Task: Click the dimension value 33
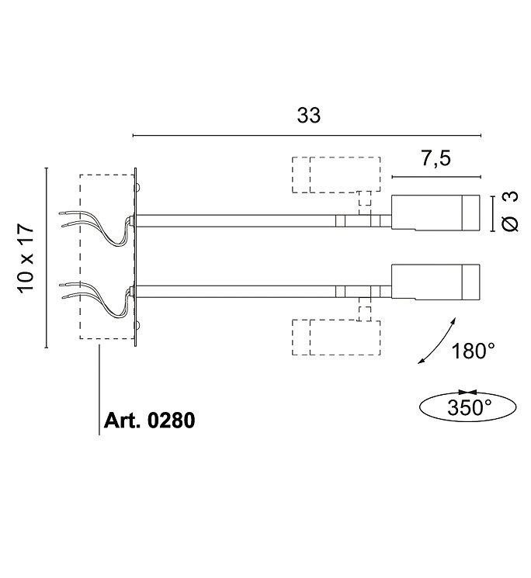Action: [309, 116]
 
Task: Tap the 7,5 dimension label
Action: [436, 158]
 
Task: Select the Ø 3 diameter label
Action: [510, 211]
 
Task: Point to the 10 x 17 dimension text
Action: [26, 258]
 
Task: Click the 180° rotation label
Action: [473, 351]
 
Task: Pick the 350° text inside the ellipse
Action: [470, 407]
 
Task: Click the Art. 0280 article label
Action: [149, 421]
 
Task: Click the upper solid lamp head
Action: [436, 213]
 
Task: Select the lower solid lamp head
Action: [436, 282]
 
